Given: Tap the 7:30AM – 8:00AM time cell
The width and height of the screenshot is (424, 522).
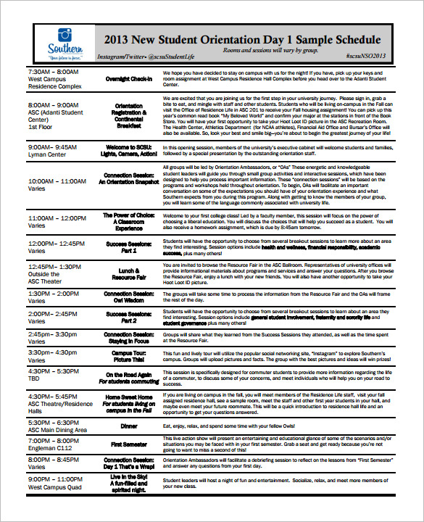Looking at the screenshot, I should (x=52, y=72).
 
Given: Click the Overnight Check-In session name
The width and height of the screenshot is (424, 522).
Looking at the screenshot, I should (x=128, y=78).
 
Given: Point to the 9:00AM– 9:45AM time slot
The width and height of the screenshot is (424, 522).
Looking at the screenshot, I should (x=51, y=146).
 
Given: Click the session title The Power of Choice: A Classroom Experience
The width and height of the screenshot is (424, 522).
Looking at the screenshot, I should (x=128, y=221).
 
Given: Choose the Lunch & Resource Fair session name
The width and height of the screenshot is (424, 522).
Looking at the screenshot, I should (x=128, y=273).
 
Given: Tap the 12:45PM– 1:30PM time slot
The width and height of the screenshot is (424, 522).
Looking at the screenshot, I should (x=53, y=266).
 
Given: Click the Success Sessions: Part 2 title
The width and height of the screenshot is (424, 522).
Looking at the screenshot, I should (x=128, y=317).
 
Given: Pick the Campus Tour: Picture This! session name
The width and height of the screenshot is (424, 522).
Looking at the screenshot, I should (x=128, y=355).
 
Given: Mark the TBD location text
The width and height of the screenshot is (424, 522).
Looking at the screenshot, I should (x=34, y=378).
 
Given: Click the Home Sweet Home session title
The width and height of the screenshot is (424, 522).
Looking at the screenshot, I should (x=128, y=398).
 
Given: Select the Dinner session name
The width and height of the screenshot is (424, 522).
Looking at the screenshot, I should (x=128, y=426).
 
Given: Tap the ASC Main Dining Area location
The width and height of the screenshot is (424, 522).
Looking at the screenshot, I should (x=57, y=430).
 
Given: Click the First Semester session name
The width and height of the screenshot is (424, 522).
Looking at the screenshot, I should (x=128, y=444).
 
